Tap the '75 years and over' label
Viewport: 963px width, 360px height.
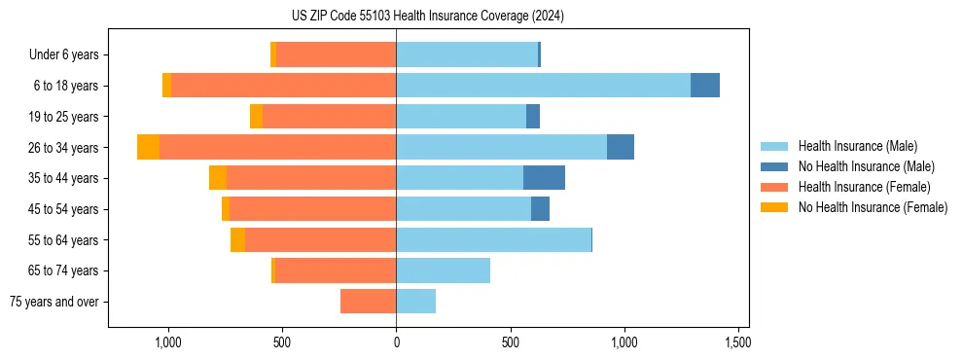53,302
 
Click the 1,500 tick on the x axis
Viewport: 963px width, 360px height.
737,342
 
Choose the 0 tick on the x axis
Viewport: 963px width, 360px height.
396,342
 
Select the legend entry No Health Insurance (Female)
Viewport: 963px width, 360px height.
873,207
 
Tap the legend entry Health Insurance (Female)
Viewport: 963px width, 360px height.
864,187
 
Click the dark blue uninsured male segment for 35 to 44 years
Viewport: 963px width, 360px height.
544,178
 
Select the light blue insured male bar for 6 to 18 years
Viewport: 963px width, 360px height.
543,86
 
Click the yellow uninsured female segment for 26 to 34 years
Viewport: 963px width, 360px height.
148,147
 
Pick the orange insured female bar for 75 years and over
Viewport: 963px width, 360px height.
368,302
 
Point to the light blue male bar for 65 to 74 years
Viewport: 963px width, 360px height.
443,270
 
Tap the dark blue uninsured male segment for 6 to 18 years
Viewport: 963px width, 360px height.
705,86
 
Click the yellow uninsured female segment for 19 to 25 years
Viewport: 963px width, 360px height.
256,117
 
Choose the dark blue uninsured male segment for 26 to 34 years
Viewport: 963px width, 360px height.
621,147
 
